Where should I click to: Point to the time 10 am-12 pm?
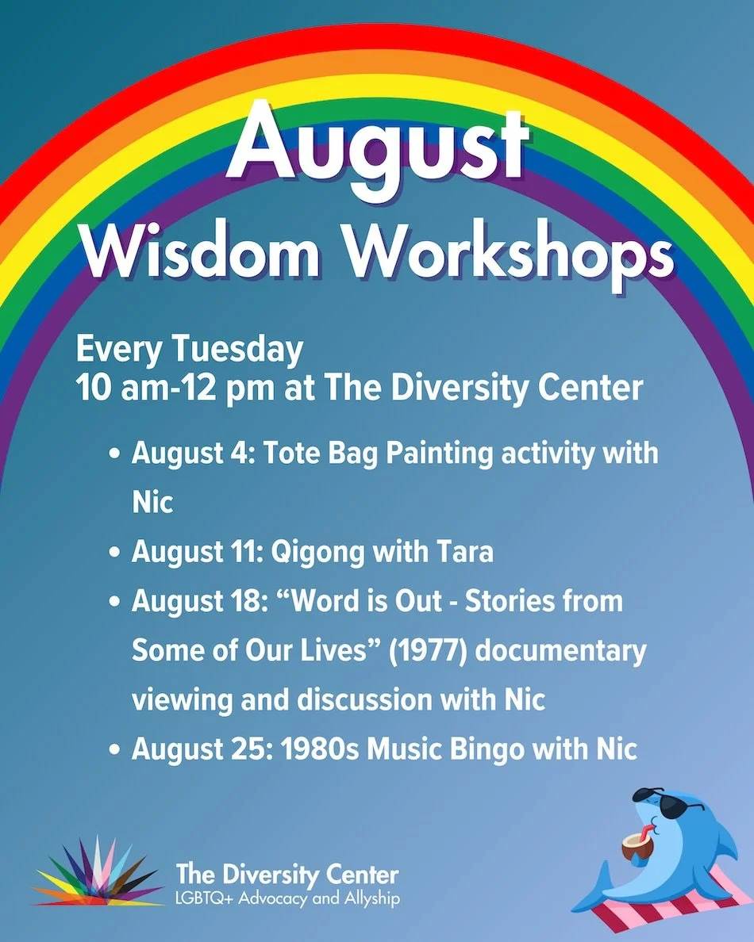[175, 389]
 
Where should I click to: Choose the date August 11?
[198, 552]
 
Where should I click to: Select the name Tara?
[465, 552]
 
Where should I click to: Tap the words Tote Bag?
[321, 454]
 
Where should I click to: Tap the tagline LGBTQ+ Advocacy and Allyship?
[287, 898]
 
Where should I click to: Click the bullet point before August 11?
[114, 552]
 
